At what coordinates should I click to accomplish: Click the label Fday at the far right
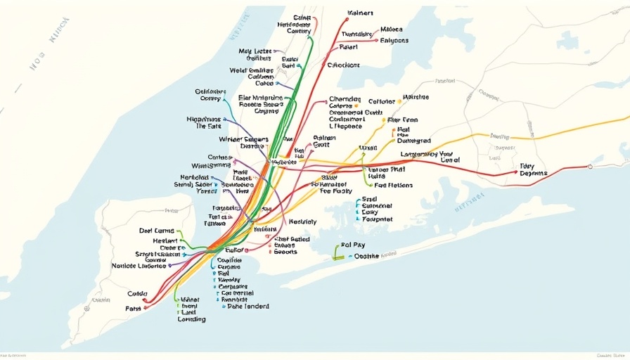pyautogui.click(x=527, y=167)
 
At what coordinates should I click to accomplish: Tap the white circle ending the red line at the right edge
pyautogui.click(x=589, y=167)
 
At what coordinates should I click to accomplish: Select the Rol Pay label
pyautogui.click(x=352, y=245)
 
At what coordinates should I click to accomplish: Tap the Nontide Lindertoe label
pyautogui.click(x=139, y=266)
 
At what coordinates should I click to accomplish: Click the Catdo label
pyautogui.click(x=137, y=294)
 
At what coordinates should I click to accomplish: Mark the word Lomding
pyautogui.click(x=191, y=319)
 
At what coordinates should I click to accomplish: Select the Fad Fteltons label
pyautogui.click(x=393, y=186)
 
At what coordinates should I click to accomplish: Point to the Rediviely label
pyautogui.click(x=302, y=221)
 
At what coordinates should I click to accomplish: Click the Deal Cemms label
pyautogui.click(x=156, y=231)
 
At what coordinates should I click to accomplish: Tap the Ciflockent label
pyautogui.click(x=343, y=65)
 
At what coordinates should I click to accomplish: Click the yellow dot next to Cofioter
pyautogui.click(x=399, y=101)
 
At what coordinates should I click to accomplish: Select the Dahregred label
pyautogui.click(x=413, y=141)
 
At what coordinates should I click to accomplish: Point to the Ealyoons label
pyautogui.click(x=394, y=41)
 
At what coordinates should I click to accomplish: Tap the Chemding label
pyautogui.click(x=345, y=99)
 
